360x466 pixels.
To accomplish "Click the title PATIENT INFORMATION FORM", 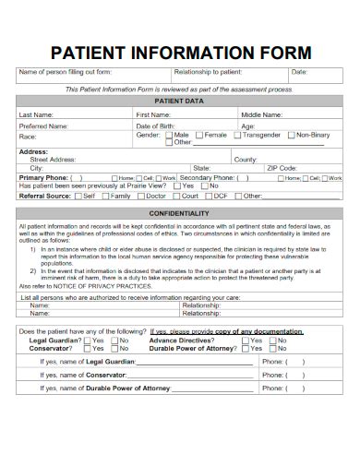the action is pos(180,52).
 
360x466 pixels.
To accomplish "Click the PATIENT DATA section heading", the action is pos(180,100).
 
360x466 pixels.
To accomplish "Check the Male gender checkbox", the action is pos(168,135).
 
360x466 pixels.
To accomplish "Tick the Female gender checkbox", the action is pos(199,135).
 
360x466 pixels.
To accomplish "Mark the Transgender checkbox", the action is pos(237,135).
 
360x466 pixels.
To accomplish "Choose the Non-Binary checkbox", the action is pos(292,135).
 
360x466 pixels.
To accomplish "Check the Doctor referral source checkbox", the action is pos(141,196).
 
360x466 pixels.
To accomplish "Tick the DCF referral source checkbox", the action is pos(208,196).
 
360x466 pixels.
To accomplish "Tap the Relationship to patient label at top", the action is pos(207,72).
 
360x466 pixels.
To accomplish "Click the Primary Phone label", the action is pos(42,177).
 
